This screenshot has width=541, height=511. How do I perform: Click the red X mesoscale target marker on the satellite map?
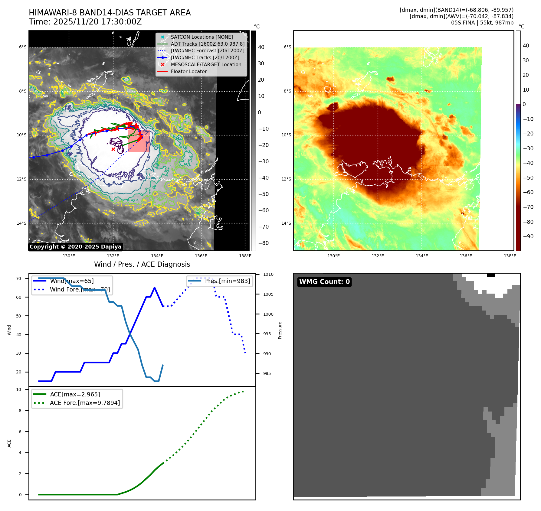pyautogui.click(x=113, y=149)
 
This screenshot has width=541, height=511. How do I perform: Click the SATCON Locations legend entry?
pyautogui.click(x=202, y=37)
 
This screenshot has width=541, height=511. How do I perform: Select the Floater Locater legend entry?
pyautogui.click(x=189, y=71)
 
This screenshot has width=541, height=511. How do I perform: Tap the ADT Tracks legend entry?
pyautogui.click(x=207, y=44)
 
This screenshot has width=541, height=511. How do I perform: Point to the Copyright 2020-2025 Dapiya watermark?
pyautogui.click(x=75, y=247)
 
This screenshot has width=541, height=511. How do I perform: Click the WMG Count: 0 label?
pyautogui.click(x=324, y=282)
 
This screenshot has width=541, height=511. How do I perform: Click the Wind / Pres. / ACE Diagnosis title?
pyautogui.click(x=142, y=264)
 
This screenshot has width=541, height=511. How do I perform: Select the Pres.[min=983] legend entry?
pyautogui.click(x=227, y=281)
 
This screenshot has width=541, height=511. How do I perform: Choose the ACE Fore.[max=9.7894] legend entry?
pyautogui.click(x=85, y=403)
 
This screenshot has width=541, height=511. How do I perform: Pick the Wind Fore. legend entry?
pyautogui.click(x=80, y=289)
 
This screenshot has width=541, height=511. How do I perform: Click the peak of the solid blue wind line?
pyautogui.click(x=155, y=288)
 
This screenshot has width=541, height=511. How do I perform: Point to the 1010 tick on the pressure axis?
pyautogui.click(x=268, y=275)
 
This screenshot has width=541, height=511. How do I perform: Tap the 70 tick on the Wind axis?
pyautogui.click(x=19, y=278)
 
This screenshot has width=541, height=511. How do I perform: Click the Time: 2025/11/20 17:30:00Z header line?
pyautogui.click(x=85, y=22)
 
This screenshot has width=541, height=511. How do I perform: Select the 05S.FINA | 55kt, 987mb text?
pyautogui.click(x=482, y=23)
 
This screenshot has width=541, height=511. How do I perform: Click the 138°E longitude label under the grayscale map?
pyautogui.click(x=245, y=256)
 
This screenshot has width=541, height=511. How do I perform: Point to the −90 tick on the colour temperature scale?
pyautogui.click(x=528, y=236)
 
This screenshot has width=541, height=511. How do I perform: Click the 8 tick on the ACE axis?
pyautogui.click(x=20, y=411)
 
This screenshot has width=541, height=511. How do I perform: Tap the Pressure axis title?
pyautogui.click(x=280, y=330)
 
